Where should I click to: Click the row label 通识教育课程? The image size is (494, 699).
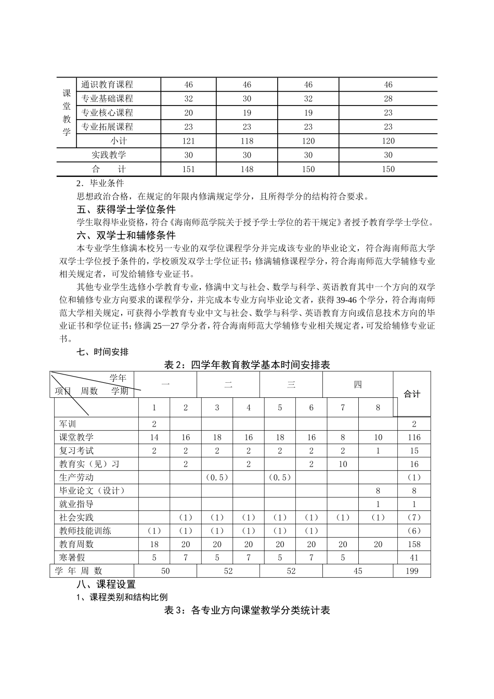tap(107, 85)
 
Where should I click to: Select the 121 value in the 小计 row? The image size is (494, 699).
tap(188, 141)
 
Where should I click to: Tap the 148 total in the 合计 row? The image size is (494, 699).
tap(246, 169)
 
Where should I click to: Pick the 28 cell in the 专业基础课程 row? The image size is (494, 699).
tap(388, 99)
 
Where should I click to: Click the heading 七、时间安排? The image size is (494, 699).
tap(102, 352)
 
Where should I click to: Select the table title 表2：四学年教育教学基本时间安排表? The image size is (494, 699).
tap(247, 365)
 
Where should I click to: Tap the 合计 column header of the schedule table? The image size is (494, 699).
tap(412, 394)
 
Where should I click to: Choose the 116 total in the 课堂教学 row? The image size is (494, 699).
tap(414, 437)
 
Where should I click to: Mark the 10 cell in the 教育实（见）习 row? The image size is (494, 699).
tap(343, 464)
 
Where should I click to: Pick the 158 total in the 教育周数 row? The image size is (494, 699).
tap(414, 544)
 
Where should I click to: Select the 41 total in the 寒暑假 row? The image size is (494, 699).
tap(414, 558)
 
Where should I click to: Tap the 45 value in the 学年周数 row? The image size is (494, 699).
tap(357, 571)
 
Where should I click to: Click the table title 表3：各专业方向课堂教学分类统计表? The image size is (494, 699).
tap(247, 610)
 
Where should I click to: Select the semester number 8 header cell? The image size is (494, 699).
tap(378, 408)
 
